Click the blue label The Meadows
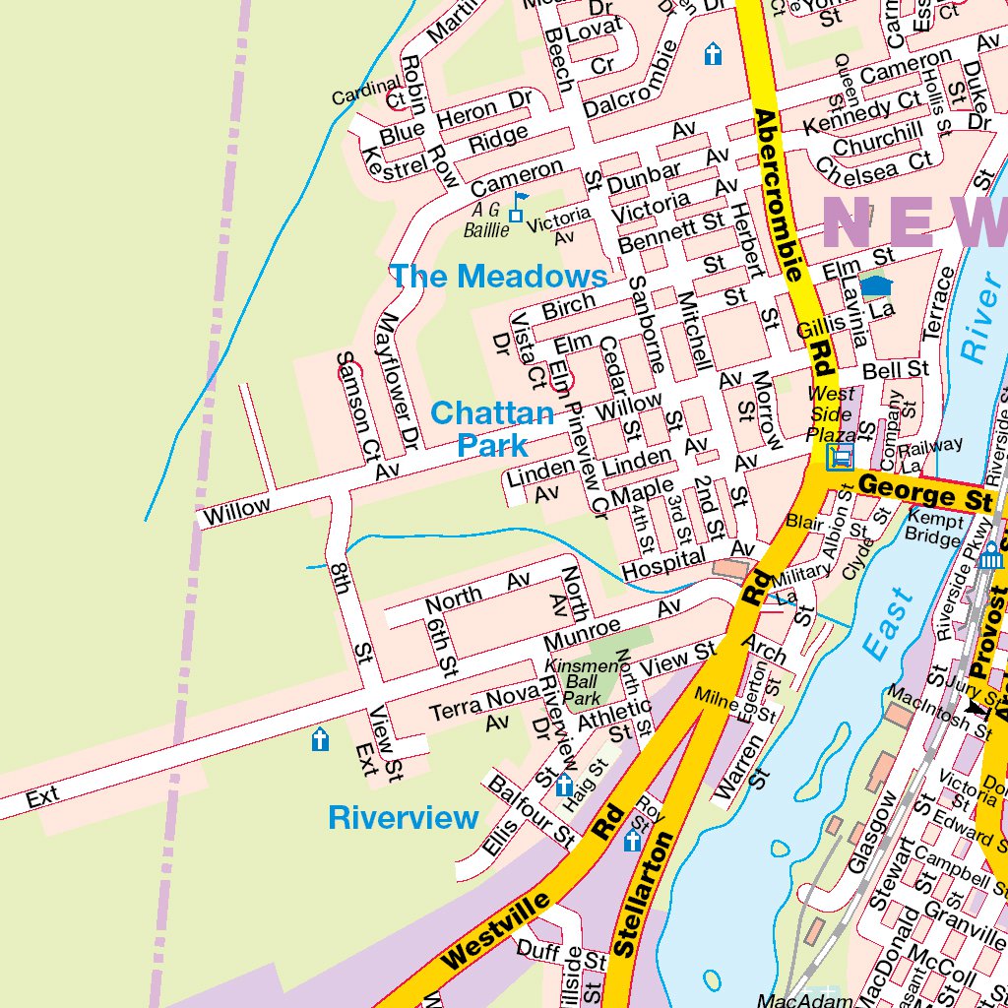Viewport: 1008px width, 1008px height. (x=498, y=276)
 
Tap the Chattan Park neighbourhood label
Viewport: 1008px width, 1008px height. (x=492, y=428)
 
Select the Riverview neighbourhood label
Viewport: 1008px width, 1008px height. (x=404, y=817)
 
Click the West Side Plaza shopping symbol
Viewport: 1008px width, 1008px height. (x=841, y=457)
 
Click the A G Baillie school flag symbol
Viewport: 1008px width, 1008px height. (x=517, y=208)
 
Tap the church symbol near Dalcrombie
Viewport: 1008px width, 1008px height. (x=714, y=54)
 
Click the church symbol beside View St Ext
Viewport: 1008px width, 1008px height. (x=320, y=739)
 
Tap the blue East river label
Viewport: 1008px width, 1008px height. (x=888, y=622)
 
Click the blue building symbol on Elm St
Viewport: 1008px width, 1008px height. (x=876, y=286)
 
